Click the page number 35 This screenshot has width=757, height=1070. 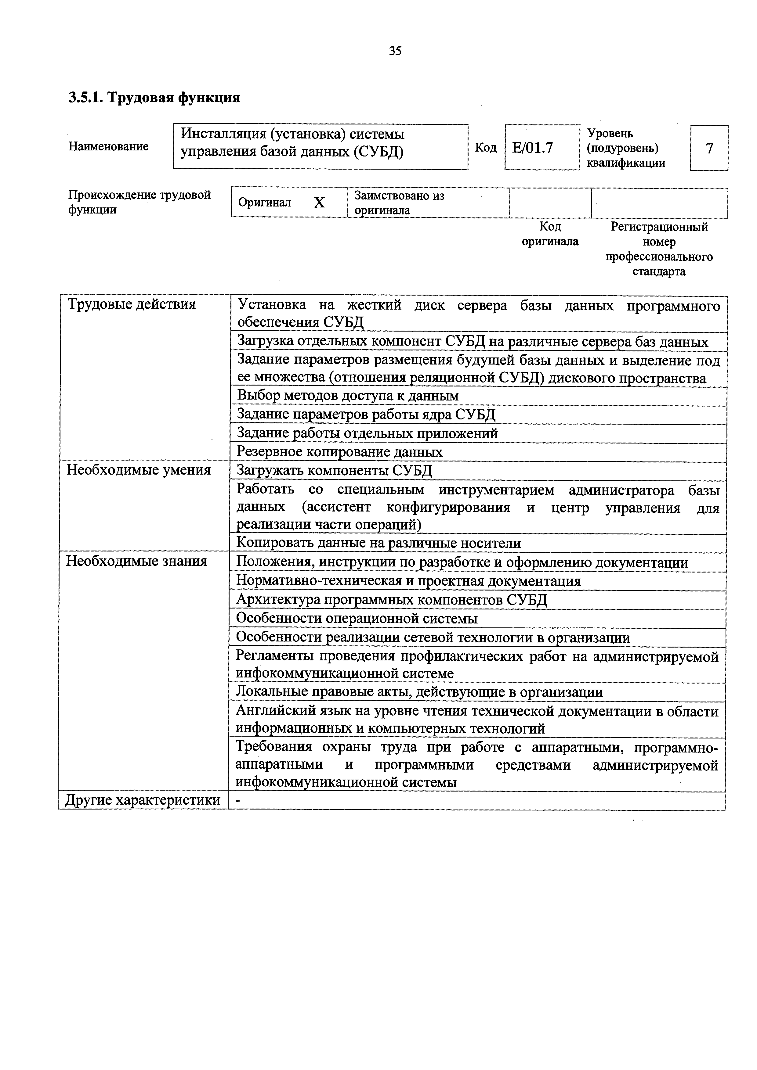[395, 51]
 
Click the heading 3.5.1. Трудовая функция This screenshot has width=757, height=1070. [154, 98]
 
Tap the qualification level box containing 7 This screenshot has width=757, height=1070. [709, 148]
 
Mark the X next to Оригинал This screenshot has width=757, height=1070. [319, 202]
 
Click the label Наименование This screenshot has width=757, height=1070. [109, 146]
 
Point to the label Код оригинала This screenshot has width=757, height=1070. [550, 234]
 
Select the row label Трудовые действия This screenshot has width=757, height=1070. [132, 304]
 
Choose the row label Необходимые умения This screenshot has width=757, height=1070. [139, 470]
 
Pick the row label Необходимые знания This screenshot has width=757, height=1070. [137, 561]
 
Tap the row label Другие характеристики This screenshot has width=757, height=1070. [143, 800]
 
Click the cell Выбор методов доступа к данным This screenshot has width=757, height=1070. [348, 396]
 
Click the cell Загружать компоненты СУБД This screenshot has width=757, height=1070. [335, 470]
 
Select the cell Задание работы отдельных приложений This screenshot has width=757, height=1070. [368, 433]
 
